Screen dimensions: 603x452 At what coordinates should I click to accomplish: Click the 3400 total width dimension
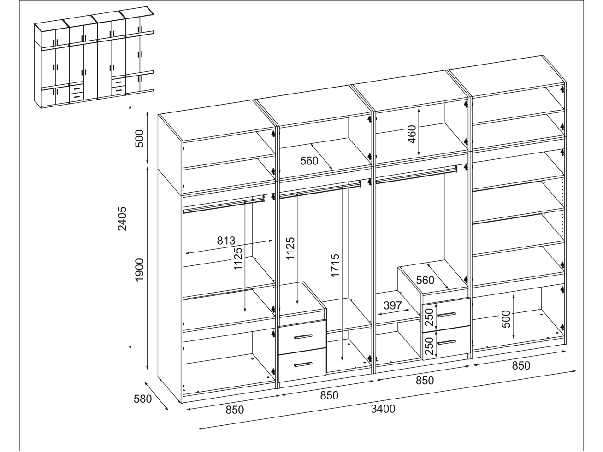383,409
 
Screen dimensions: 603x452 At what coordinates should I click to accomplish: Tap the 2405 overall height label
122,219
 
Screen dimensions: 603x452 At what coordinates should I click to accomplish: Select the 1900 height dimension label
140,270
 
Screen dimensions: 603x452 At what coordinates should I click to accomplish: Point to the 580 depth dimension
142,399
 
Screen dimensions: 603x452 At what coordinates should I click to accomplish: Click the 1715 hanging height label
335,266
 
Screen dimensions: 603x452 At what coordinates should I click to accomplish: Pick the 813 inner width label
226,241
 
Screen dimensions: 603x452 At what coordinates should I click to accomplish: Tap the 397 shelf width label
393,305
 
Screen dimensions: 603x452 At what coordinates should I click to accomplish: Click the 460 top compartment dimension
412,134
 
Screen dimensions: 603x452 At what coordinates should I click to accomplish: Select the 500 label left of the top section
140,139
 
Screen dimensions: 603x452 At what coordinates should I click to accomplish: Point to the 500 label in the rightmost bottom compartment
506,319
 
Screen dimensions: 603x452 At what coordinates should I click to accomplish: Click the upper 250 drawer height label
429,317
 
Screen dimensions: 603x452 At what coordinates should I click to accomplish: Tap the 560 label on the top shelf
309,161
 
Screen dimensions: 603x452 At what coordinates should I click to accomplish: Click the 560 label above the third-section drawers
425,280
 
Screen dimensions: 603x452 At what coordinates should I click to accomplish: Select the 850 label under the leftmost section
235,410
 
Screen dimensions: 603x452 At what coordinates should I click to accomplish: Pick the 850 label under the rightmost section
521,365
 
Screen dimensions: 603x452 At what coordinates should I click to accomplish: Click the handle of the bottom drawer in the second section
303,364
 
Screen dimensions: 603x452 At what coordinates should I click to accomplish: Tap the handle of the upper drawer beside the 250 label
446,315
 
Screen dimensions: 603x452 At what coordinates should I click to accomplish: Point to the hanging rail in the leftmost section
224,205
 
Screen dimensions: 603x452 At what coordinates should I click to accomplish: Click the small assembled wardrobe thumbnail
94,57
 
